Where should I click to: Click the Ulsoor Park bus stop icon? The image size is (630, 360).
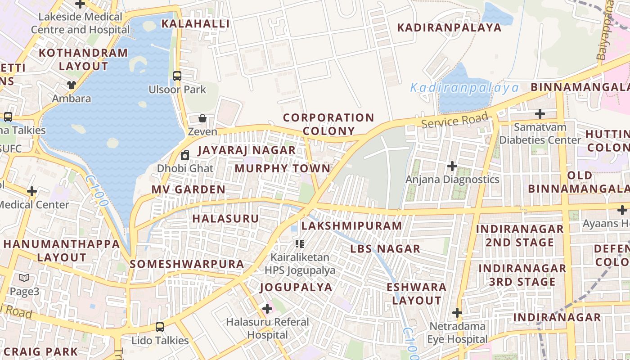coord(177,76)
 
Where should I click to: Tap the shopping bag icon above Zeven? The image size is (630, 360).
coord(202,118)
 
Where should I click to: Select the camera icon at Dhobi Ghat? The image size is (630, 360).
coord(184,156)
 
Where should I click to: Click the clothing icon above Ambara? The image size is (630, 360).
coord(72,85)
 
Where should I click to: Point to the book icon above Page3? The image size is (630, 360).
coord(24,278)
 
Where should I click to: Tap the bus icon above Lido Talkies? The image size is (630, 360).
coord(160,327)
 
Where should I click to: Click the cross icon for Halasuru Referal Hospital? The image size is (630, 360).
coord(267,309)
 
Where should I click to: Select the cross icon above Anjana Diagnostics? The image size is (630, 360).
coord(452,166)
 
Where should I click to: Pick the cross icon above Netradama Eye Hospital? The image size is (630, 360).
coord(457,312)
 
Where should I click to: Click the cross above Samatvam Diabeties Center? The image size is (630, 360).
coord(540,114)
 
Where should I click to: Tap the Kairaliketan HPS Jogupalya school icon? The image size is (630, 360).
coord(300,244)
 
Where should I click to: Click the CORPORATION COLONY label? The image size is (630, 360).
coord(328,124)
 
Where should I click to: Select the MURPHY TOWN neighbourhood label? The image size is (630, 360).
coord(283,168)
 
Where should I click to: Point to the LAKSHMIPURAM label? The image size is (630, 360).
coord(351,225)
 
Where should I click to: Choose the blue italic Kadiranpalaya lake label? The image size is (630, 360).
coord(464,87)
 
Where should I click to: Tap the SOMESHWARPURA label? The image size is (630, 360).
coord(187,264)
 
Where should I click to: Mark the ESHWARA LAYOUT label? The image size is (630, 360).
coord(417,293)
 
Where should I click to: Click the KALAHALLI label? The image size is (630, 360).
coord(195,24)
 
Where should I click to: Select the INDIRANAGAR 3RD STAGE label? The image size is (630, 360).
coord(522,275)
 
